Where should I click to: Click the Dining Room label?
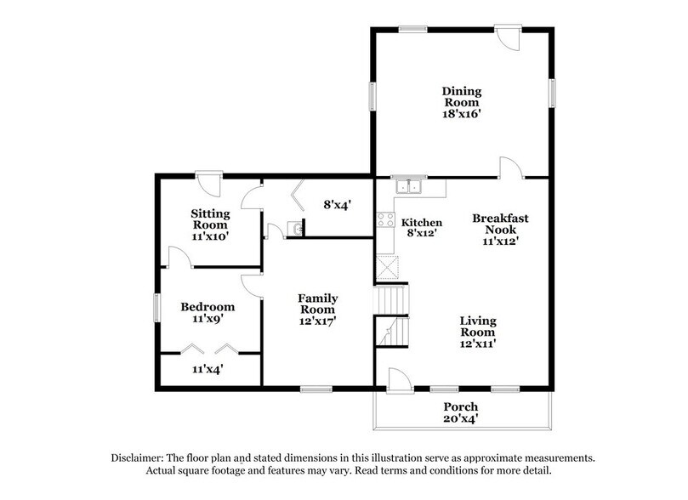(x=461, y=97)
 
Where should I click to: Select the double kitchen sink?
(x=409, y=187)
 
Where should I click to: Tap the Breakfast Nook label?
(x=500, y=224)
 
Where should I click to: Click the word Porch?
(x=461, y=406)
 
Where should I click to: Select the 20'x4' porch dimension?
(x=461, y=420)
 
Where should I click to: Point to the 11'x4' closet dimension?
(x=208, y=370)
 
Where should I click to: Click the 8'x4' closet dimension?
(x=337, y=204)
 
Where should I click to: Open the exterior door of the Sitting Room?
(x=208, y=181)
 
